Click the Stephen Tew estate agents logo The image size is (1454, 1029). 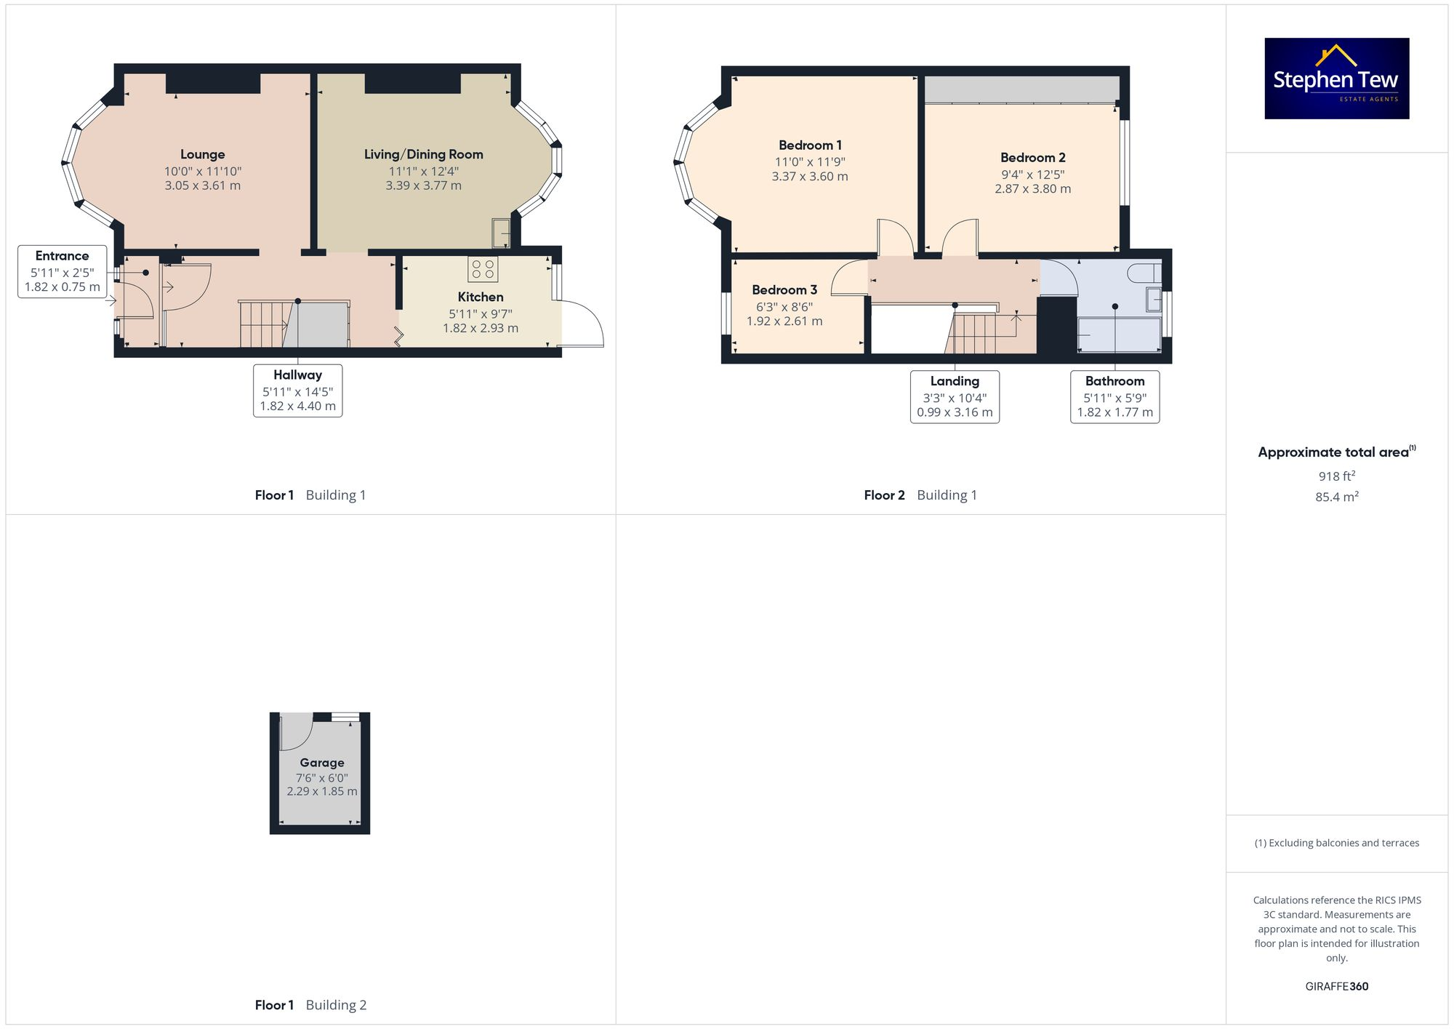pyautogui.click(x=1336, y=79)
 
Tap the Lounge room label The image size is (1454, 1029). pyautogui.click(x=202, y=155)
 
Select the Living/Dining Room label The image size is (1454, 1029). pyautogui.click(x=423, y=155)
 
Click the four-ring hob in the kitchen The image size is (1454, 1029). pyautogui.click(x=483, y=269)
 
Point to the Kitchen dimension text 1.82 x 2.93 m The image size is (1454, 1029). pyautogui.click(x=481, y=329)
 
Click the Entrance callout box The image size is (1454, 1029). pyautogui.click(x=63, y=271)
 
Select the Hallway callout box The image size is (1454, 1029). pyautogui.click(x=297, y=391)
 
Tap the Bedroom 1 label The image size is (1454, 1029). pyautogui.click(x=810, y=145)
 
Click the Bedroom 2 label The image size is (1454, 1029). pyautogui.click(x=1032, y=158)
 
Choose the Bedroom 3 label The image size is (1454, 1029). pyautogui.click(x=784, y=290)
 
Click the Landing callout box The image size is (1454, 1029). pyautogui.click(x=955, y=396)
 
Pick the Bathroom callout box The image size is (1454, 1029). pyautogui.click(x=1114, y=396)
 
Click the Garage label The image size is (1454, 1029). pyautogui.click(x=322, y=763)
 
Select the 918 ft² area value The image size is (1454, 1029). pyautogui.click(x=1336, y=476)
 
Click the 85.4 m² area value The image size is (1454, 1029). pyautogui.click(x=1336, y=497)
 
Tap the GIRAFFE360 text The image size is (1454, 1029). pyautogui.click(x=1336, y=987)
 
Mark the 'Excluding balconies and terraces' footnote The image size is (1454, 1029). pyautogui.click(x=1336, y=844)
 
